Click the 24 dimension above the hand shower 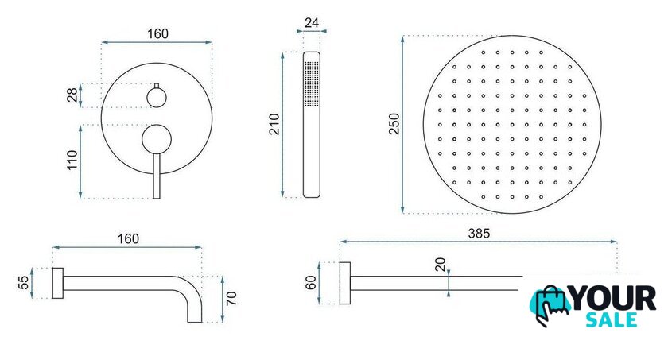(x=312, y=22)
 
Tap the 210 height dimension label (x=275, y=124)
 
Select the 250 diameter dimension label (x=394, y=124)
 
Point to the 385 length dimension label (x=479, y=233)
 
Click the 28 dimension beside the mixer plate (x=72, y=95)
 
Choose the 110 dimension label (x=72, y=160)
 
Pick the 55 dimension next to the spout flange (x=24, y=283)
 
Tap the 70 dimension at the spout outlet (x=231, y=298)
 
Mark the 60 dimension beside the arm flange (x=311, y=283)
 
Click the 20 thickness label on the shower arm (x=441, y=265)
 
